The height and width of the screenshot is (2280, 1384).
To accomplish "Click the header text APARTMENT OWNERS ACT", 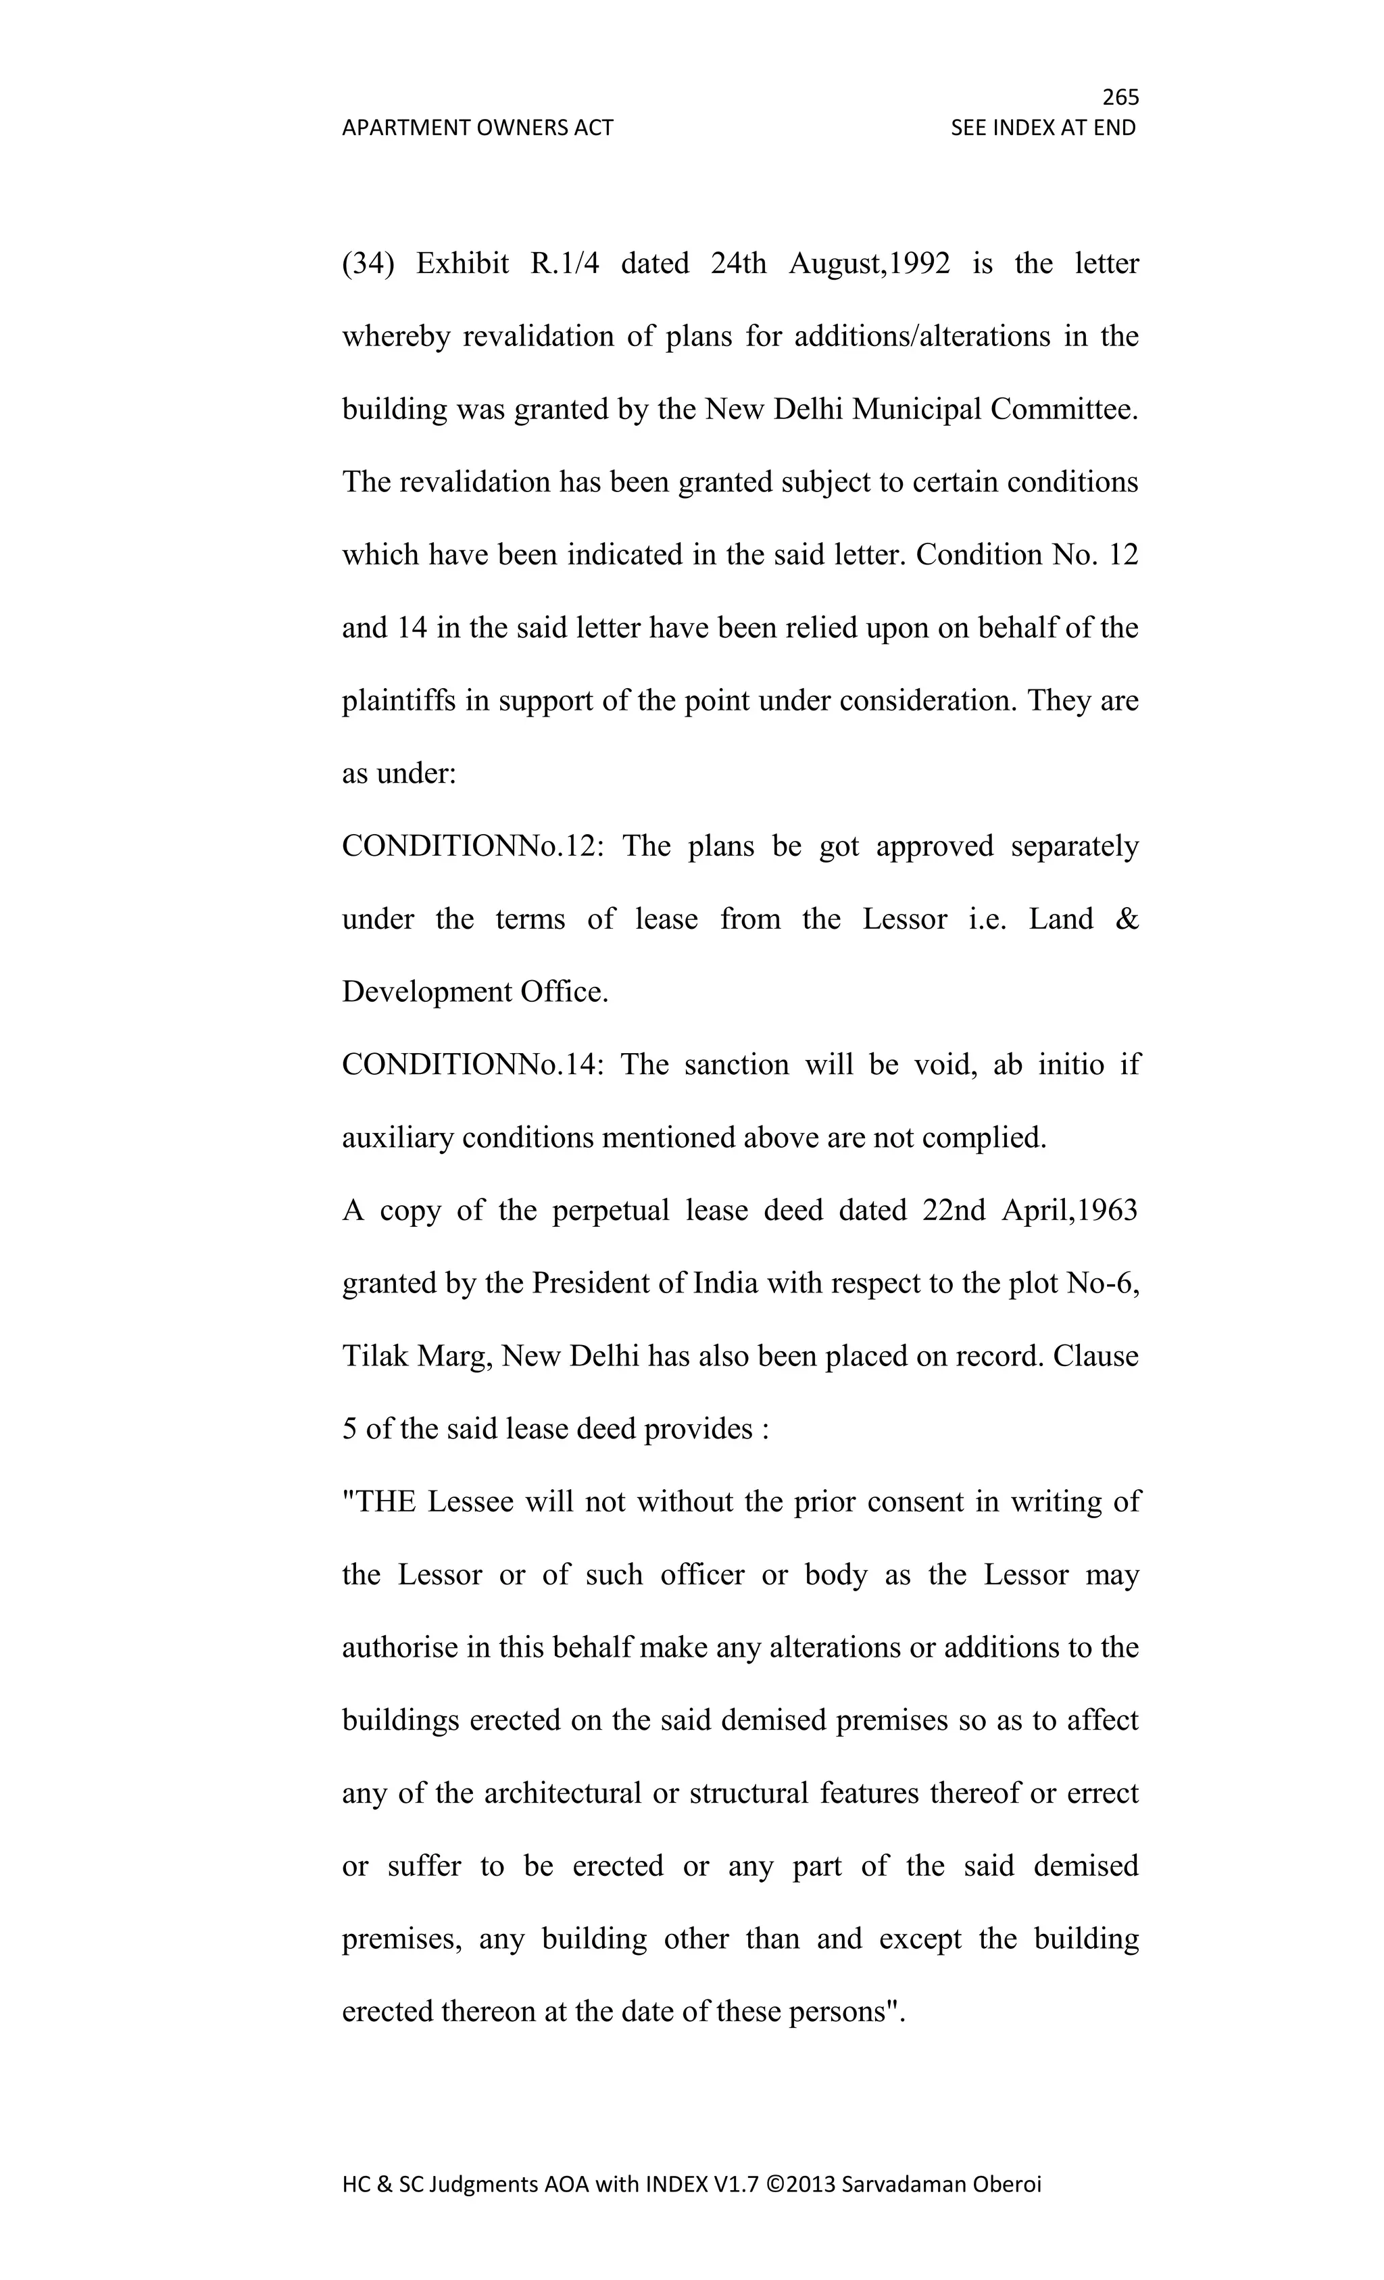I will click(x=477, y=128).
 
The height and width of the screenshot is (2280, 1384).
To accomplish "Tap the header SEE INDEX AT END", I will click(x=1043, y=128).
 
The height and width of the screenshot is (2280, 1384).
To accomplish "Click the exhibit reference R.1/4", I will click(x=564, y=264).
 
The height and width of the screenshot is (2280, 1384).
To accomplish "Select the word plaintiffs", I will click(x=399, y=700).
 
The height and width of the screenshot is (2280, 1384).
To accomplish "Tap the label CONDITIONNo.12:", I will click(x=472, y=846).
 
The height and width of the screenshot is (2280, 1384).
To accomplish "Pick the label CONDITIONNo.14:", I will click(x=472, y=1064).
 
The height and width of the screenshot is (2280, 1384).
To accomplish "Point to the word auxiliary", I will click(x=398, y=1137).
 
